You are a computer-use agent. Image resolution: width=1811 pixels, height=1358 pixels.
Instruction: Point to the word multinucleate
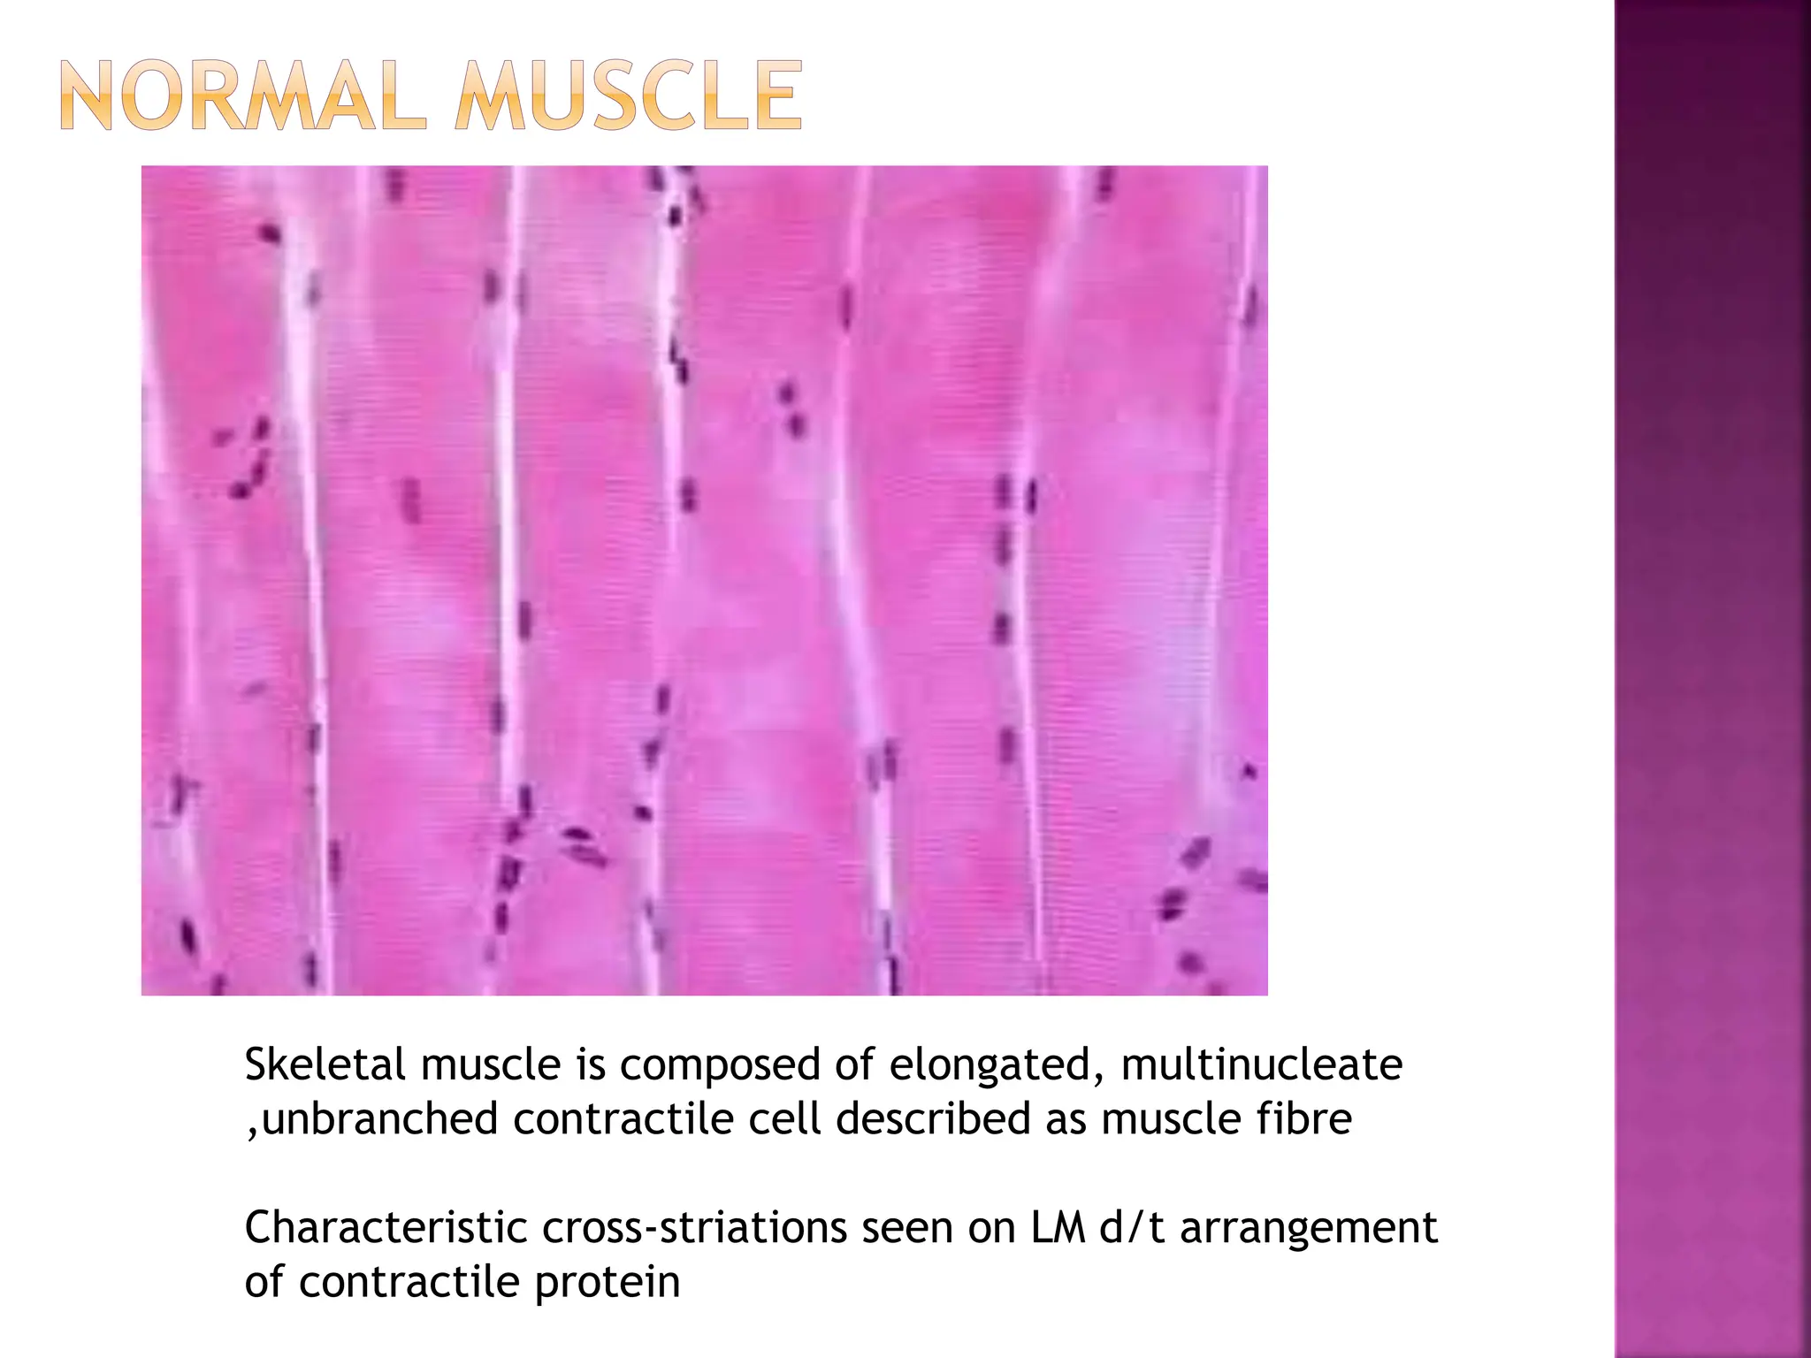1261,1064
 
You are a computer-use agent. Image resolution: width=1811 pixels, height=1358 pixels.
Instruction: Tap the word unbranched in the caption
380,1119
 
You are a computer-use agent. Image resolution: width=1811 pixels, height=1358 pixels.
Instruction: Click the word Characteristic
386,1228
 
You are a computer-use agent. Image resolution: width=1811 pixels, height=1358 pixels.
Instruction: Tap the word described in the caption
932,1119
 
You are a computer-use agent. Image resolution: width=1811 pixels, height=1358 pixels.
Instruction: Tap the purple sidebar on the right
1712,679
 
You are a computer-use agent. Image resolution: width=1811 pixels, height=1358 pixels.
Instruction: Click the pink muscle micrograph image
704,580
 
